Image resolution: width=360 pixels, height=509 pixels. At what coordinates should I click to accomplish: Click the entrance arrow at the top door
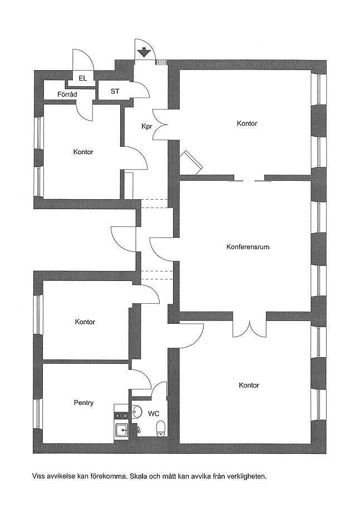click(143, 52)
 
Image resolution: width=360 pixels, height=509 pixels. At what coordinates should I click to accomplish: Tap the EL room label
click(83, 78)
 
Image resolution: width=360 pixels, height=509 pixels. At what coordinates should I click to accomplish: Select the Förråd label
click(67, 95)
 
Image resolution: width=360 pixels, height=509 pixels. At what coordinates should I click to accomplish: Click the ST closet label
click(115, 91)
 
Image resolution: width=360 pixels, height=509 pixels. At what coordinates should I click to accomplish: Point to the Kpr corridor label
click(147, 126)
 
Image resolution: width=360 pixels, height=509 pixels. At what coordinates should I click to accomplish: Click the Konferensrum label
click(248, 246)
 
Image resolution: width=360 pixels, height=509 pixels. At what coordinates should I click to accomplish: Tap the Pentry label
click(84, 403)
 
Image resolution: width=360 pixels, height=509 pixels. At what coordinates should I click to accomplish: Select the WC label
click(154, 413)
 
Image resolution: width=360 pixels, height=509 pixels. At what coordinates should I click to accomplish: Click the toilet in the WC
click(161, 428)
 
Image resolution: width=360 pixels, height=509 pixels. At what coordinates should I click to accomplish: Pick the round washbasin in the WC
click(137, 412)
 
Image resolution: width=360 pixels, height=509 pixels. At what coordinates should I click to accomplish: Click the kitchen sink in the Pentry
click(122, 431)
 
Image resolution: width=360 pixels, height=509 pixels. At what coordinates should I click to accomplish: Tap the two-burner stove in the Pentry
click(121, 415)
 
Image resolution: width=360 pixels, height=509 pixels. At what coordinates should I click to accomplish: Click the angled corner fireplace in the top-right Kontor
click(191, 162)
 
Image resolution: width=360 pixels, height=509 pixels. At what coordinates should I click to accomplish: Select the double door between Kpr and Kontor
click(160, 125)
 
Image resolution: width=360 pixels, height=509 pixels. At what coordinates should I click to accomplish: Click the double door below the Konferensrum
click(249, 329)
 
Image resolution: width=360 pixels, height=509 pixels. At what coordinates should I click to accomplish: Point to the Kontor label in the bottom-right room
click(249, 386)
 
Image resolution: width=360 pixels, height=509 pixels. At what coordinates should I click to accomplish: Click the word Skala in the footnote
click(139, 477)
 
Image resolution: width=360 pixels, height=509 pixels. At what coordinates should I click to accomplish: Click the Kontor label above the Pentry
click(85, 322)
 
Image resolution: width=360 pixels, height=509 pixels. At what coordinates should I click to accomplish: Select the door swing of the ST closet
click(141, 90)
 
